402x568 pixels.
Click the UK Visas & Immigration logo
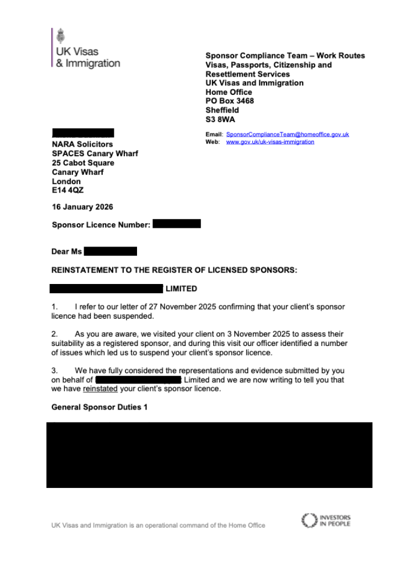pyautogui.click(x=86, y=49)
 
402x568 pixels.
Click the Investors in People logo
pyautogui.click(x=326, y=521)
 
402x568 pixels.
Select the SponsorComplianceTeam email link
pyautogui.click(x=287, y=135)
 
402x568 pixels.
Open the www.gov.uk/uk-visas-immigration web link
pyautogui.click(x=270, y=142)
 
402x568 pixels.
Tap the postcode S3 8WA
pyautogui.click(x=220, y=119)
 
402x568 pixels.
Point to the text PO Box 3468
pyautogui.click(x=230, y=101)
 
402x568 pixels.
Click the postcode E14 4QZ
pyautogui.click(x=68, y=191)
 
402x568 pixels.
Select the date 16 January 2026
pyautogui.click(x=82, y=207)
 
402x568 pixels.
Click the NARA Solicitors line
pyautogui.click(x=82, y=145)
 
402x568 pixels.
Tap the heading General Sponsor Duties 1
pyautogui.click(x=100, y=407)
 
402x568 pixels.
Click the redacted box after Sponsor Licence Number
pyautogui.click(x=177, y=224)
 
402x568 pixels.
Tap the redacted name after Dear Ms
pyautogui.click(x=110, y=252)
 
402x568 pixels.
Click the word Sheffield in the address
pyautogui.click(x=222, y=110)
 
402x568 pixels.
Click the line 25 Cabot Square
pyautogui.click(x=83, y=163)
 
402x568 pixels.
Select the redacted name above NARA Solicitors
pyautogui.click(x=83, y=133)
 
